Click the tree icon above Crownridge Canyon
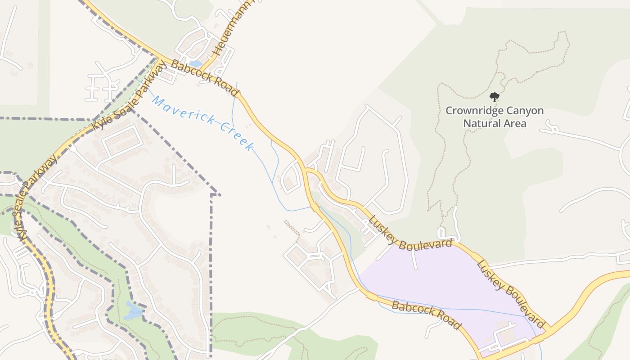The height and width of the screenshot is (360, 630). click(x=495, y=97)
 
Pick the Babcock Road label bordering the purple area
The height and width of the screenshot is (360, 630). click(x=427, y=315)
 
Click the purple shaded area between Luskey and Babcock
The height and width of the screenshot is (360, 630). click(x=445, y=279)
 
